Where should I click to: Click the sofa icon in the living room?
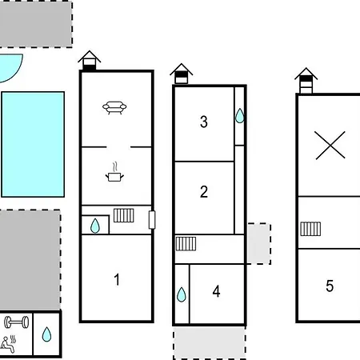click(114, 107)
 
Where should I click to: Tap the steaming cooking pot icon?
click(114, 172)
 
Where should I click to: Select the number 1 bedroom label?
click(117, 279)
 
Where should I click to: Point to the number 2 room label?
click(204, 191)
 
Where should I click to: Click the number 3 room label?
click(204, 122)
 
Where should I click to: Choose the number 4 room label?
click(216, 291)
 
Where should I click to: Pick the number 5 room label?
click(330, 286)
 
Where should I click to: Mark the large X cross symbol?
click(330, 146)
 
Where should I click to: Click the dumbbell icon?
click(17, 322)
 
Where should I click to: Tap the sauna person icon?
click(8, 344)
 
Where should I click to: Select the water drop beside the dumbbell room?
click(46, 334)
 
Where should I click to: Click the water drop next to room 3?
click(240, 115)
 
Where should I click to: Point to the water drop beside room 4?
click(182, 294)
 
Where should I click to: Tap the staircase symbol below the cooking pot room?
click(124, 215)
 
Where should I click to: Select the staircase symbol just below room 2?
click(186, 244)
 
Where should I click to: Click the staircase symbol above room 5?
click(310, 229)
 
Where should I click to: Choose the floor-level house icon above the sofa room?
click(90, 61)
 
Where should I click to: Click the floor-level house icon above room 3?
click(182, 74)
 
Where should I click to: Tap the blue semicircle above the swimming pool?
click(11, 66)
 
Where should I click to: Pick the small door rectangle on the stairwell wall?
click(152, 220)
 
